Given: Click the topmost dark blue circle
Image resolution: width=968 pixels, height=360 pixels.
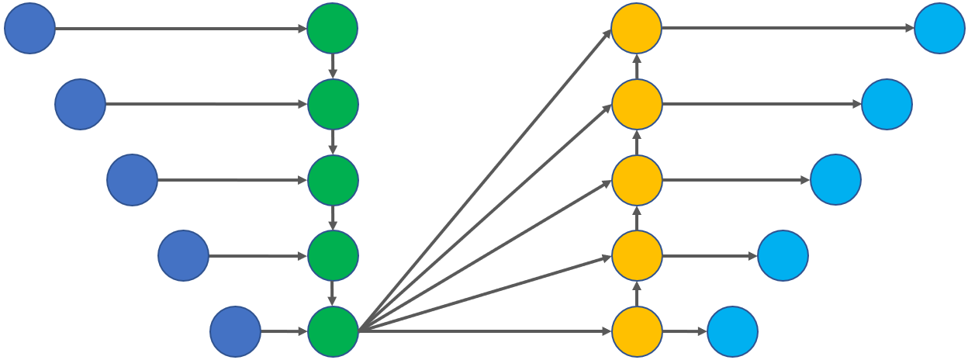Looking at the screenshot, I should coord(29,29).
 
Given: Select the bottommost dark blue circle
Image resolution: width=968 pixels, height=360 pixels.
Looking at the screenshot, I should coord(235,331).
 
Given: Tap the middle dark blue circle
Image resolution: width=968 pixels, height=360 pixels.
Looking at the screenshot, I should coord(132,180).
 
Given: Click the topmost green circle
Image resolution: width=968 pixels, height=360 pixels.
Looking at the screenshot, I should coord(332,29).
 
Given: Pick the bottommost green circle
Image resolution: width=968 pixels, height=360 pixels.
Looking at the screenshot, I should coord(333,331).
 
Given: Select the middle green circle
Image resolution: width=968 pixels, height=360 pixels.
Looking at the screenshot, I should coord(333,180).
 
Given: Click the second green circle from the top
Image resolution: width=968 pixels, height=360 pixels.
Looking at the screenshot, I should coord(333,104).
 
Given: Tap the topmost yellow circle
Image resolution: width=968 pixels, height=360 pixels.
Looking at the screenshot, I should coord(636,29).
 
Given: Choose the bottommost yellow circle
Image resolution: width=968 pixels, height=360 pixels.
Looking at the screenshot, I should coord(637,331).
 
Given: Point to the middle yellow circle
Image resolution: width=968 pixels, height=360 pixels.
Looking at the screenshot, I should coord(637,180).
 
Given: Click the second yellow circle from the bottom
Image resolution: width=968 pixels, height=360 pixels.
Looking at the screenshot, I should coord(637,255).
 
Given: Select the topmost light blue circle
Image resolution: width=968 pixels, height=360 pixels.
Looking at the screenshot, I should coord(939,29).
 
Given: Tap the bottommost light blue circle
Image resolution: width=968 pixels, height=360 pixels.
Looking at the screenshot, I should coord(732,331).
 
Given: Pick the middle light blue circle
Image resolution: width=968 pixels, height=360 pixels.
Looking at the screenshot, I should coord(835,180).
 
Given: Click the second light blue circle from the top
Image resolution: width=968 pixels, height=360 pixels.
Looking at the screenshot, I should coord(887,104).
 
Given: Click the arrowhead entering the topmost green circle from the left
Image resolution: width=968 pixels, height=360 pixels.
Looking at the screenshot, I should coord(302,29).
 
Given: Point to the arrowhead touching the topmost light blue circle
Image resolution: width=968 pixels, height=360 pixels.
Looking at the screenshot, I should coord(910,29).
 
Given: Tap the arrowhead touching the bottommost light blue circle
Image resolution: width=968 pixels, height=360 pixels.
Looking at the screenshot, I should coord(702,331).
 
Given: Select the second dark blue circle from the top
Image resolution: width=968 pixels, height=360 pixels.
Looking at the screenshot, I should coord(80,104).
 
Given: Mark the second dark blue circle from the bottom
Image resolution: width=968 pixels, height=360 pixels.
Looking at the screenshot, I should coord(183,255).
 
